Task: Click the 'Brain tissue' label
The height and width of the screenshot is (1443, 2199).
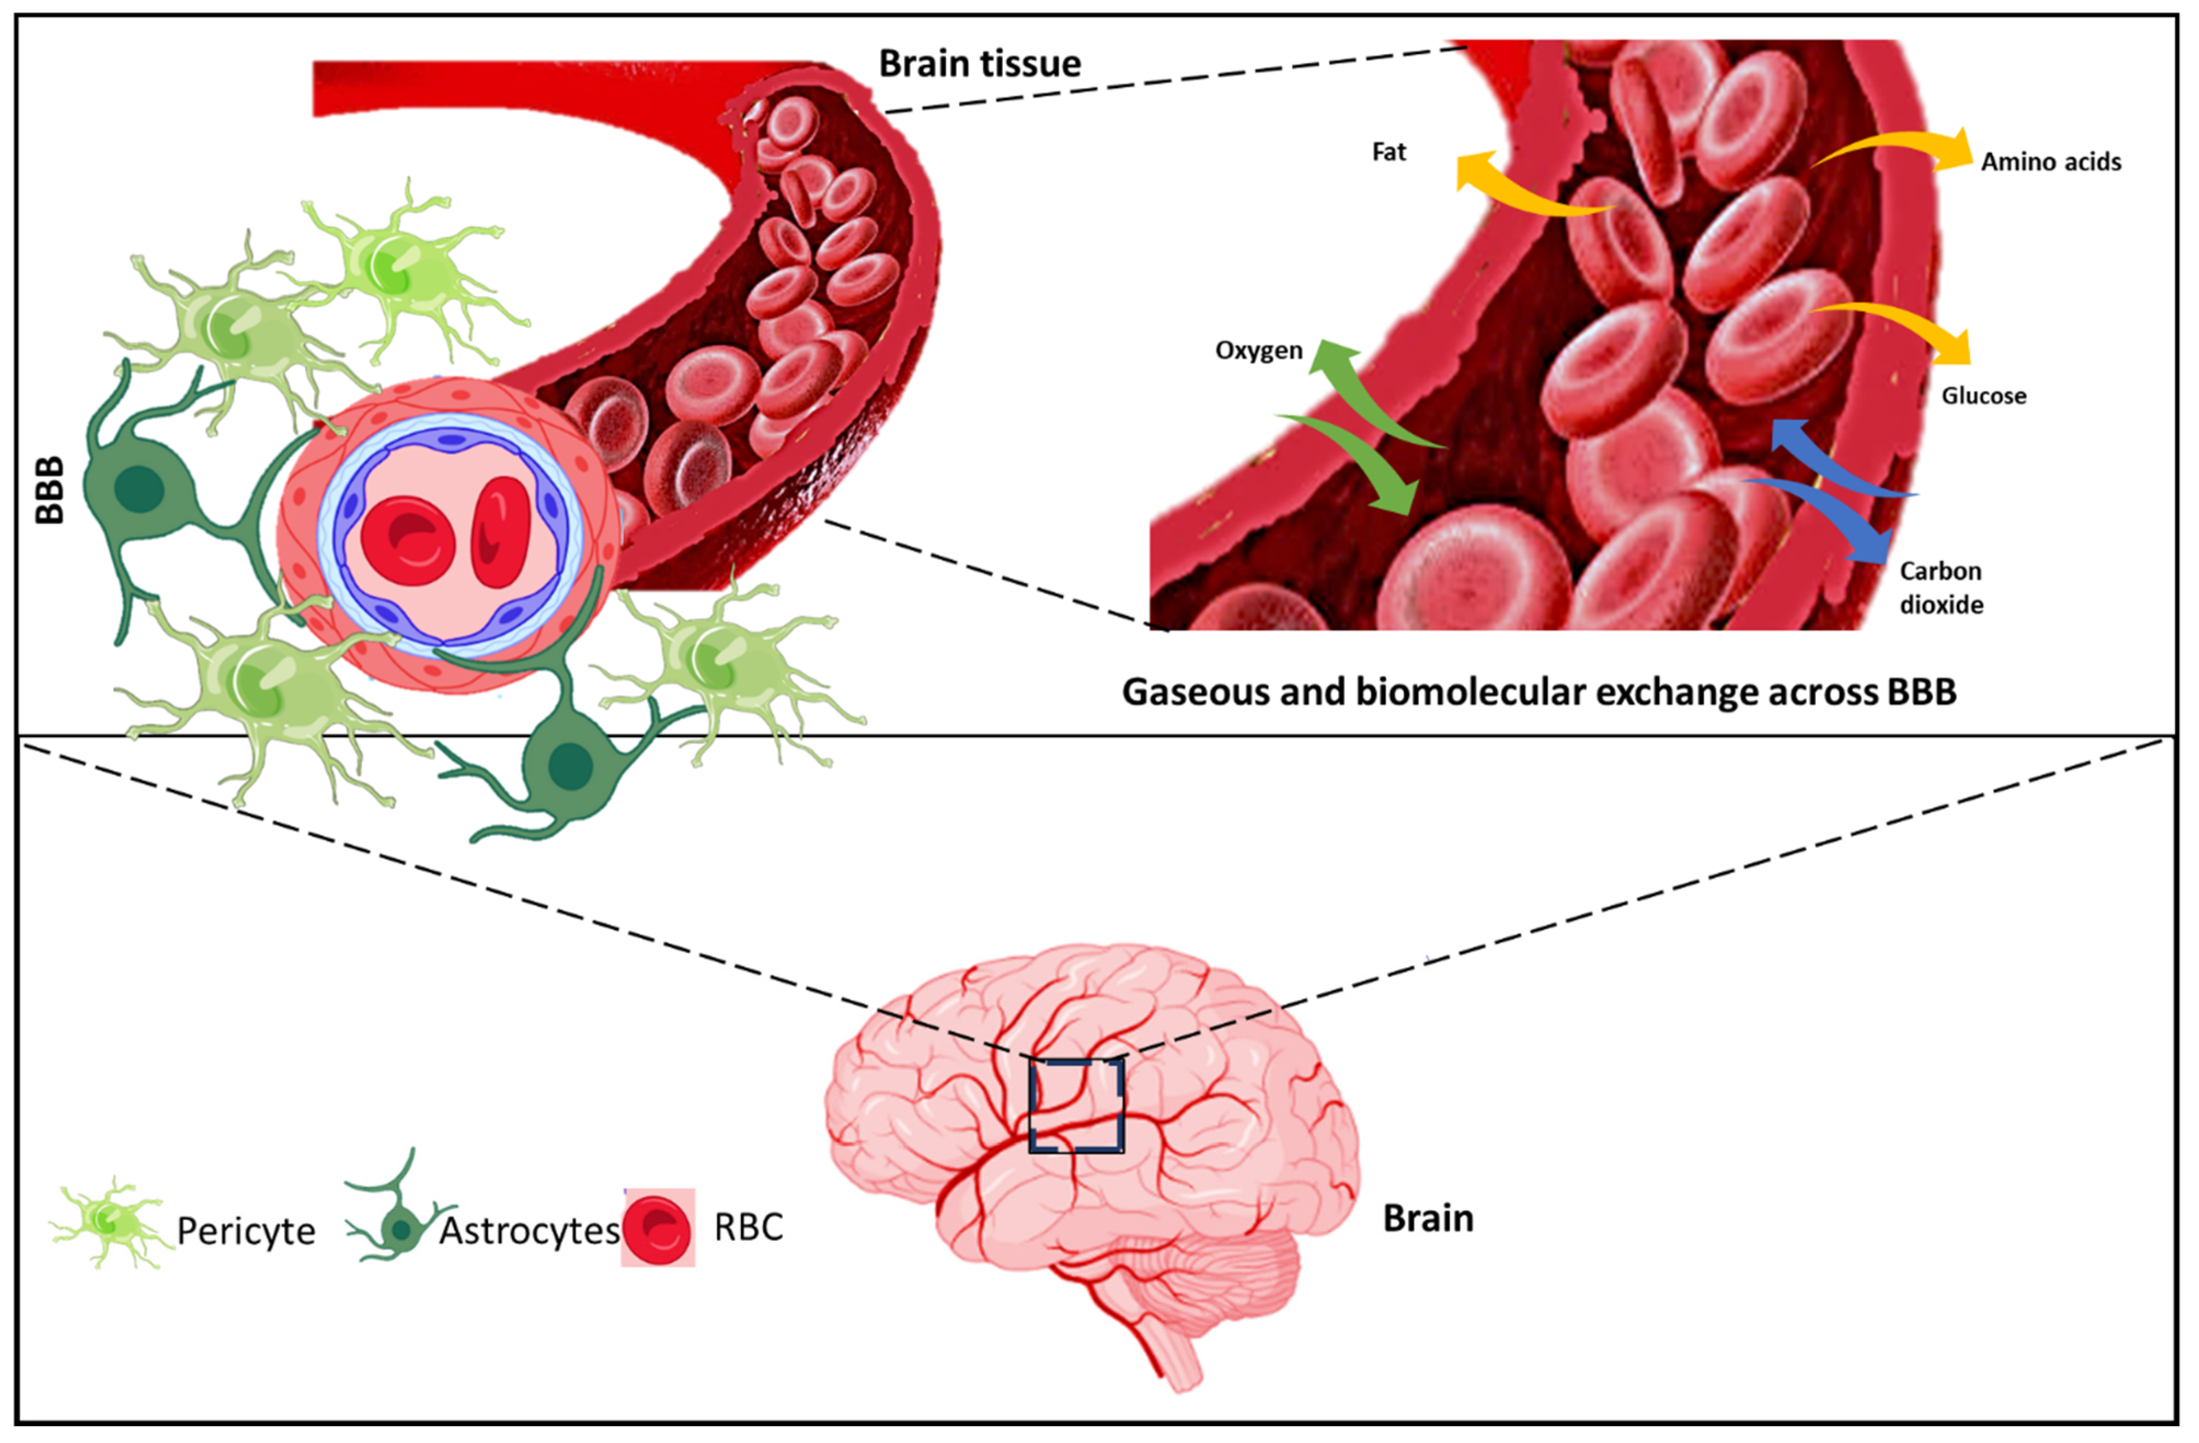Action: click(979, 64)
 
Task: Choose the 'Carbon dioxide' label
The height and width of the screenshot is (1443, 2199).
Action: click(1940, 588)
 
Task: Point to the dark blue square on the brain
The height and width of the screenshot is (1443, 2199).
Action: click(1076, 1105)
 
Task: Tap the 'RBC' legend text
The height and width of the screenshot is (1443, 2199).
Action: click(748, 1227)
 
